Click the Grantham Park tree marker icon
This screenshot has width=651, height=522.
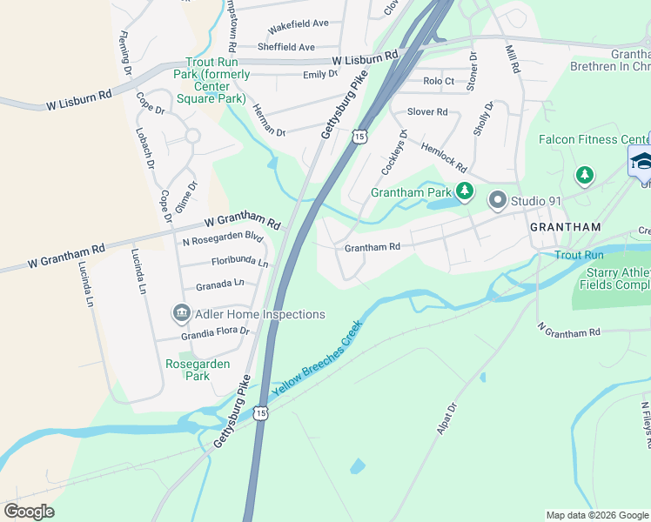point(465,191)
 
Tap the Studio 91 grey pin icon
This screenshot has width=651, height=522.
point(498,201)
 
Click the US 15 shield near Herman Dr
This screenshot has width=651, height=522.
point(359,136)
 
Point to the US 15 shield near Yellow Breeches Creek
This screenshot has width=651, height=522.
point(261,413)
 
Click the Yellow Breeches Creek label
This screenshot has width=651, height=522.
point(317,358)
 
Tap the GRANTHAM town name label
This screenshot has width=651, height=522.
point(566,227)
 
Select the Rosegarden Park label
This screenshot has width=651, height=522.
point(188,370)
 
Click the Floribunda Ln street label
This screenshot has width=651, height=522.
point(239,262)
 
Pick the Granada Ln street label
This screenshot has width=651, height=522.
point(219,284)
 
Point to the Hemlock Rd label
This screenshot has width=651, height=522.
point(445,157)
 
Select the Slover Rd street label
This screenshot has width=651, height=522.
point(426,112)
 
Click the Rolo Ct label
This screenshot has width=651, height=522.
point(439,81)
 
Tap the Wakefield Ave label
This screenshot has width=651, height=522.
point(298,23)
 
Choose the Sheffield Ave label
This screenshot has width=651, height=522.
point(285,47)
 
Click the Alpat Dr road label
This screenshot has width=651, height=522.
point(445,418)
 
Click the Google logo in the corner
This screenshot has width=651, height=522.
point(29,512)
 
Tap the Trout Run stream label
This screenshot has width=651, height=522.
point(579,255)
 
